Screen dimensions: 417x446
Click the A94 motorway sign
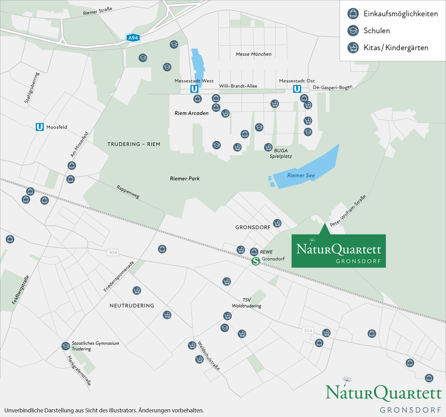(x=133, y=38)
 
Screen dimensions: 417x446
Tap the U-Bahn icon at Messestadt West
(x=194, y=89)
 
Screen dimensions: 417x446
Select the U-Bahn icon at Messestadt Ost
(x=297, y=89)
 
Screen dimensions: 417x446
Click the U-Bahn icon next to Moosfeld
(x=39, y=127)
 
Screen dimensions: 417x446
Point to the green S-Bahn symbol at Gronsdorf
(x=256, y=261)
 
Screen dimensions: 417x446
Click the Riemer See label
(x=301, y=175)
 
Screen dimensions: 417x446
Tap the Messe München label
(x=253, y=54)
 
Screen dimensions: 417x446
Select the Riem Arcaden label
(x=191, y=113)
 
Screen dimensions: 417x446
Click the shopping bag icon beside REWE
(x=254, y=252)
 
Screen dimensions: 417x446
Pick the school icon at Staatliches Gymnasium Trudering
(x=65, y=346)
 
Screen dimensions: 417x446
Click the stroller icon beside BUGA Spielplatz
(x=268, y=147)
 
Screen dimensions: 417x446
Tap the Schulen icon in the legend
(x=353, y=30)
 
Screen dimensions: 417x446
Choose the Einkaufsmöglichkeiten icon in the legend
(x=353, y=14)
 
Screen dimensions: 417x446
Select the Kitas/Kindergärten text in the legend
(x=396, y=48)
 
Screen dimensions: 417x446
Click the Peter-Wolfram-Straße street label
(x=348, y=211)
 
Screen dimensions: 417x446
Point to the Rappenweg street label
(x=128, y=192)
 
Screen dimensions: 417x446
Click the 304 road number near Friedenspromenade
(x=113, y=252)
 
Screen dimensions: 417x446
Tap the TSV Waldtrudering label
(x=246, y=303)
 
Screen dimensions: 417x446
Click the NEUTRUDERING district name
(x=132, y=306)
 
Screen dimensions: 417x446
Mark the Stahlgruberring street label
(x=32, y=88)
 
